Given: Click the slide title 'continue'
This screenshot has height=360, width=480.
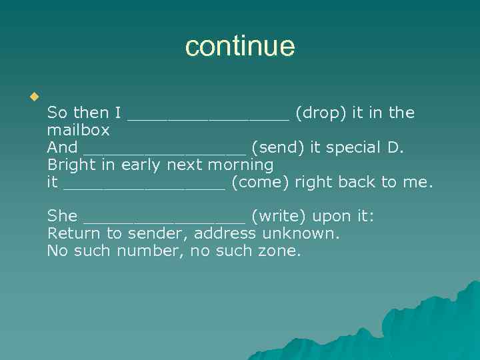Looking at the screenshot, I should point(240,47).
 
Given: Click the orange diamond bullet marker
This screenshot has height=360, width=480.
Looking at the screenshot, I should point(33,97).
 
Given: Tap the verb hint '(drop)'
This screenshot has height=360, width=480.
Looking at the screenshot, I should point(321,113).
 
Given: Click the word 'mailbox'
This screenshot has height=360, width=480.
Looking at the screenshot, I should point(78,130).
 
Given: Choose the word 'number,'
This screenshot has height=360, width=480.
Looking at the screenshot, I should point(146,251).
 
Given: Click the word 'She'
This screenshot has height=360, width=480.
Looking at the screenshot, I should point(62,216).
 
